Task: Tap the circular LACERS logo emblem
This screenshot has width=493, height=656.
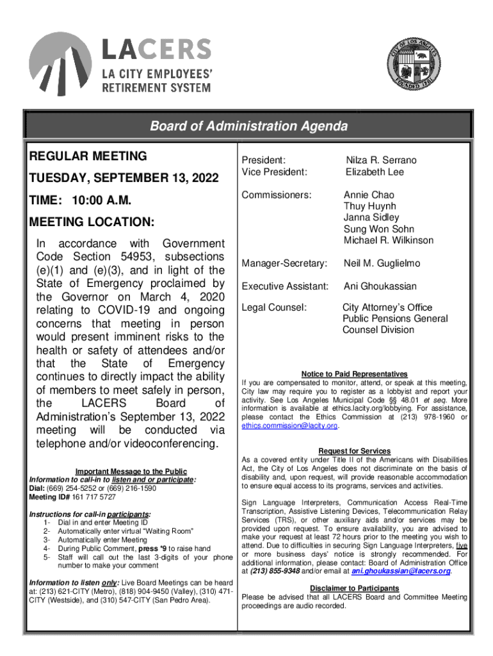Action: click(x=61, y=63)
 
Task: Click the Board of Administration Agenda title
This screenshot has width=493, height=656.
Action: click(x=248, y=126)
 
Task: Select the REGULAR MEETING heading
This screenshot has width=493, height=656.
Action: click(x=88, y=156)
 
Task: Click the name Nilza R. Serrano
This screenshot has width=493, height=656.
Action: click(x=381, y=160)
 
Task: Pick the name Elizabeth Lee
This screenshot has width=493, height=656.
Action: click(x=375, y=172)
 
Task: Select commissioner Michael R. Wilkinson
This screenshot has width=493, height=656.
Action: click(x=388, y=240)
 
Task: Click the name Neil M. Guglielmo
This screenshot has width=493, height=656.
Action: click(x=382, y=263)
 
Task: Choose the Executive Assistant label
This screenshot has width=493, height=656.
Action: click(x=284, y=286)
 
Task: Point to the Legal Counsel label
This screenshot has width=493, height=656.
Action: click(x=274, y=307)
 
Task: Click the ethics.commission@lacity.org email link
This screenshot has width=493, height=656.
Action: click(x=289, y=426)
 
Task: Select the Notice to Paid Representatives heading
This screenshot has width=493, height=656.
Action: click(x=354, y=374)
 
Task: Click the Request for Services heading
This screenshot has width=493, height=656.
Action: click(x=354, y=451)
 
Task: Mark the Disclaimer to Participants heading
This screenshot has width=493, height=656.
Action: click(x=354, y=588)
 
